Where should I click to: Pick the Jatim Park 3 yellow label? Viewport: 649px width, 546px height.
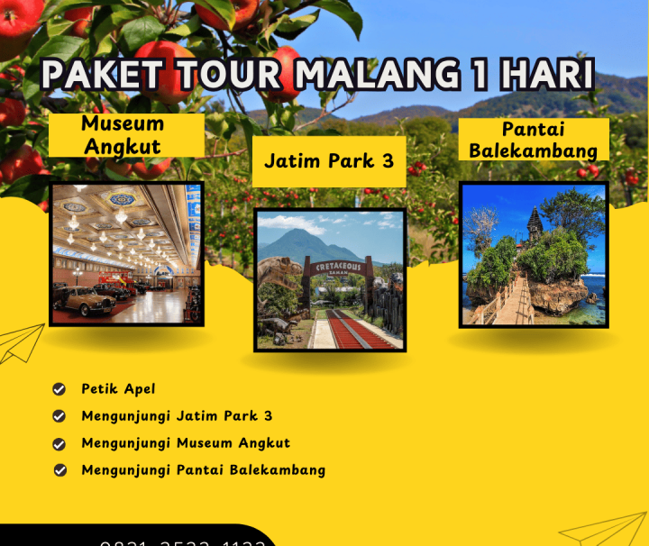[x=329, y=161]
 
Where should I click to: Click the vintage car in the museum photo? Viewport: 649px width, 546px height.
[x=86, y=300]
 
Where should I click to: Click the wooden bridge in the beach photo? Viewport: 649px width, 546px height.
[x=510, y=302]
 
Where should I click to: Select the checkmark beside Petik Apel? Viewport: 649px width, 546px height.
[x=59, y=389]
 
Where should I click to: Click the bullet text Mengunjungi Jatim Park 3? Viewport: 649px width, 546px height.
[x=177, y=416]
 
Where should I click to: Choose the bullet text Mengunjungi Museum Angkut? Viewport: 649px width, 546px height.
[x=186, y=443]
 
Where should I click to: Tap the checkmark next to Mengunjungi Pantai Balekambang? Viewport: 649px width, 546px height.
[x=59, y=470]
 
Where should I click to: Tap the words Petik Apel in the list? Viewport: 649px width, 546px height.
[x=118, y=389]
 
